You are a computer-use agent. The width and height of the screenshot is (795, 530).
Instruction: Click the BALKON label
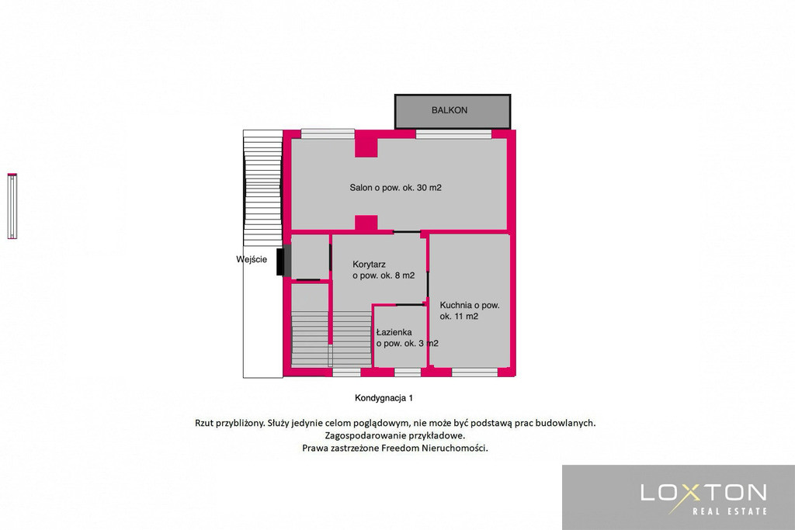[x=450, y=110]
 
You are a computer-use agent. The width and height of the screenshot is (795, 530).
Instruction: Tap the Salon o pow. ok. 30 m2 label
[x=395, y=188]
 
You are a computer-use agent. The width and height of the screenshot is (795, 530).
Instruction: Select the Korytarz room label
[x=384, y=270]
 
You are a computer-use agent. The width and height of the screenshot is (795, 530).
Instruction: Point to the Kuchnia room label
[x=470, y=310]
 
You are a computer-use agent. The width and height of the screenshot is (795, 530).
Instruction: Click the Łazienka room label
[x=407, y=338]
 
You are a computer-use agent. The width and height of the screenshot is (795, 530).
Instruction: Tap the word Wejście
[x=252, y=259]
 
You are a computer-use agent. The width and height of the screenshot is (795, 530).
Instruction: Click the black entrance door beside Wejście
[x=283, y=260]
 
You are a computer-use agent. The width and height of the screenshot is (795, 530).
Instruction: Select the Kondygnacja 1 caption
[x=384, y=398]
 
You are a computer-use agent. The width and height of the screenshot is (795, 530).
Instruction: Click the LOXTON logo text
[x=703, y=493]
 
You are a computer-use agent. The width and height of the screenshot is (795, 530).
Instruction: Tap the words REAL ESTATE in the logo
[x=730, y=511]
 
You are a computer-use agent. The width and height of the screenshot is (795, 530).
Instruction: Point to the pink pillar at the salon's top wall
[x=366, y=147]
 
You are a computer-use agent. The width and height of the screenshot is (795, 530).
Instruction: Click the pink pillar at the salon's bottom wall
[x=366, y=223]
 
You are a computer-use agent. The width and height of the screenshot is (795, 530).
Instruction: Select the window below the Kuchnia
[x=474, y=372]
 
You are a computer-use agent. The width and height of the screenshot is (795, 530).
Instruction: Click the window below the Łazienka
[x=408, y=372]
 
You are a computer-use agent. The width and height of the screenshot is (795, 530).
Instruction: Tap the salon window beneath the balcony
[x=453, y=134]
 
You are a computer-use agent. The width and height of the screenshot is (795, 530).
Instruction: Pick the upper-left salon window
[x=328, y=134]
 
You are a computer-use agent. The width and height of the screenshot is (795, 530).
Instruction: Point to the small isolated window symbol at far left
[x=12, y=206]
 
